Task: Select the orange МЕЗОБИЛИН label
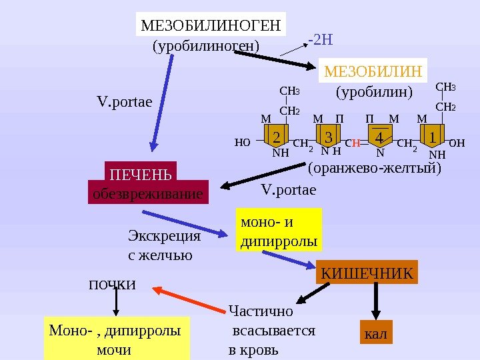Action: (x=374, y=71)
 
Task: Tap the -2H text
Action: (x=320, y=39)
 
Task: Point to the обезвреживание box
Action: (x=147, y=194)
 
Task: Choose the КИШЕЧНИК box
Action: (x=367, y=273)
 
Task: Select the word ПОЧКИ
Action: (x=112, y=285)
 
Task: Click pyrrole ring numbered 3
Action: (x=328, y=137)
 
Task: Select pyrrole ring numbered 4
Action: (x=379, y=137)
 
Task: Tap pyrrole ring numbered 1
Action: (x=433, y=137)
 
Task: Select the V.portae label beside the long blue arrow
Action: (x=125, y=102)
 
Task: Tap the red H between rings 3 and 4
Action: (x=357, y=143)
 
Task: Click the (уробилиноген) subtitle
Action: (x=205, y=47)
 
